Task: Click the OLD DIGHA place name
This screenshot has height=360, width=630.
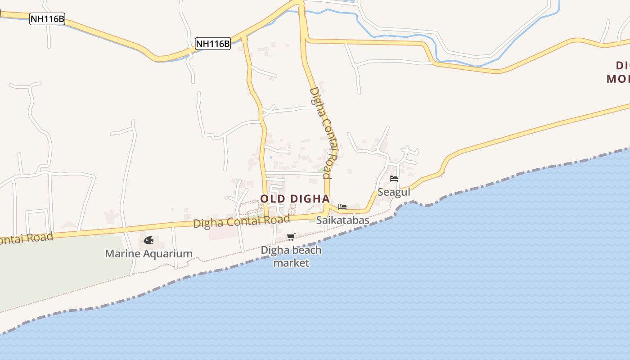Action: tap(295, 198)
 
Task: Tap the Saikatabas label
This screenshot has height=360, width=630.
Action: tap(342, 220)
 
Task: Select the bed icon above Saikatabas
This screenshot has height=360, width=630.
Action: tap(342, 207)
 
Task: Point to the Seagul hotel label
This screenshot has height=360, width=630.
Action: tap(394, 192)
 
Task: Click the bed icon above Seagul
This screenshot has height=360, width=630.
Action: tap(394, 179)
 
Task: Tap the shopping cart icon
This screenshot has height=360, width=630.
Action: tap(291, 237)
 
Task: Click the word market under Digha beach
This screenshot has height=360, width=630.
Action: tap(291, 263)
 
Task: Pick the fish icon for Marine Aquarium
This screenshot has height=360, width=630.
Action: tap(148, 240)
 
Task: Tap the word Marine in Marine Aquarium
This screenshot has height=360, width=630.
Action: tap(121, 254)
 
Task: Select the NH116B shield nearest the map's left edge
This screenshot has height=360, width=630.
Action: tap(47, 19)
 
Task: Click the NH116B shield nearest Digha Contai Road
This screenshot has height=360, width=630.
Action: tap(213, 44)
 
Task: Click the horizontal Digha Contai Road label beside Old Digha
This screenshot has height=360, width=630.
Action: tap(241, 221)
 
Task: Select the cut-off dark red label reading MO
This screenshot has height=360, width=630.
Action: tap(617, 79)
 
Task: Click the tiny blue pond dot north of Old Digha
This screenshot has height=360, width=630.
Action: tap(270, 157)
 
